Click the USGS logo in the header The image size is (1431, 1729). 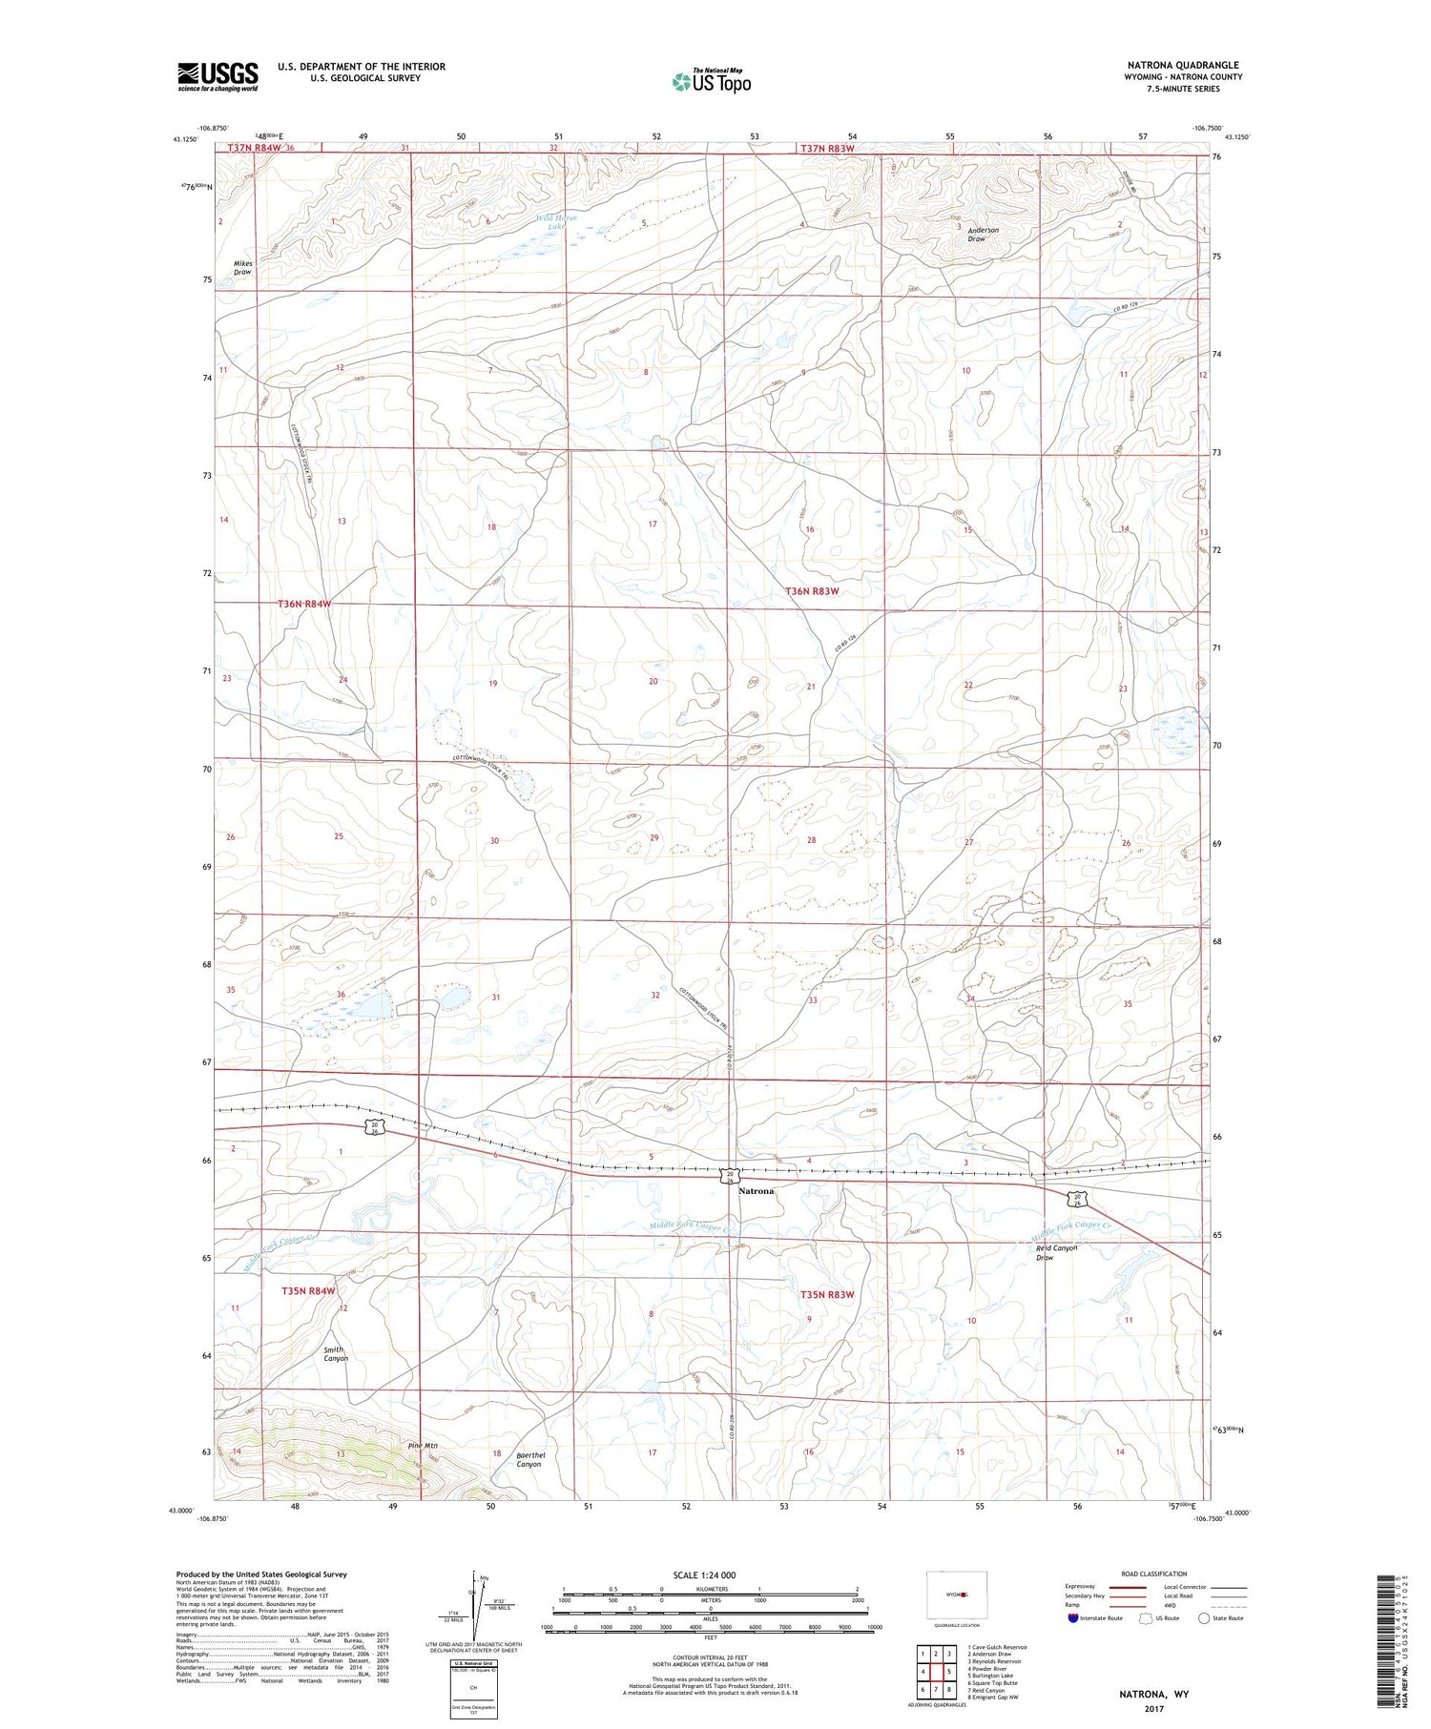coord(218,75)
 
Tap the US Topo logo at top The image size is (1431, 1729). coord(712,82)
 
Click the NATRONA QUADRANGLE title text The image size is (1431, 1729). coord(1182,65)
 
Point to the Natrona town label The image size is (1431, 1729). coord(757,1191)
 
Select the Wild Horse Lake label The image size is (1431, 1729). coord(556,222)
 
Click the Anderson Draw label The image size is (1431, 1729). coord(983,235)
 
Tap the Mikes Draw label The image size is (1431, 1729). coord(242,267)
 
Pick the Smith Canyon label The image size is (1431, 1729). coord(334,1354)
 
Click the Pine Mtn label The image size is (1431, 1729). coord(422,1446)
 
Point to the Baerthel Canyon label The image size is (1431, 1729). coord(529,1459)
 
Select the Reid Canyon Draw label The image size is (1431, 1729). coord(1056,1252)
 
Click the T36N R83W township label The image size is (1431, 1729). coord(812,591)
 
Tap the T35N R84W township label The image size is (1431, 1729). coord(308,1290)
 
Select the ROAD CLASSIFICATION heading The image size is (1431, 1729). coord(1154,1574)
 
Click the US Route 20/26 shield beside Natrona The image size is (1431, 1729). coord(728,1175)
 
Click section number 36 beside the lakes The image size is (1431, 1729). coord(341,995)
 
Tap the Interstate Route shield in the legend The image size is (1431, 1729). coord(1074,1617)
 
